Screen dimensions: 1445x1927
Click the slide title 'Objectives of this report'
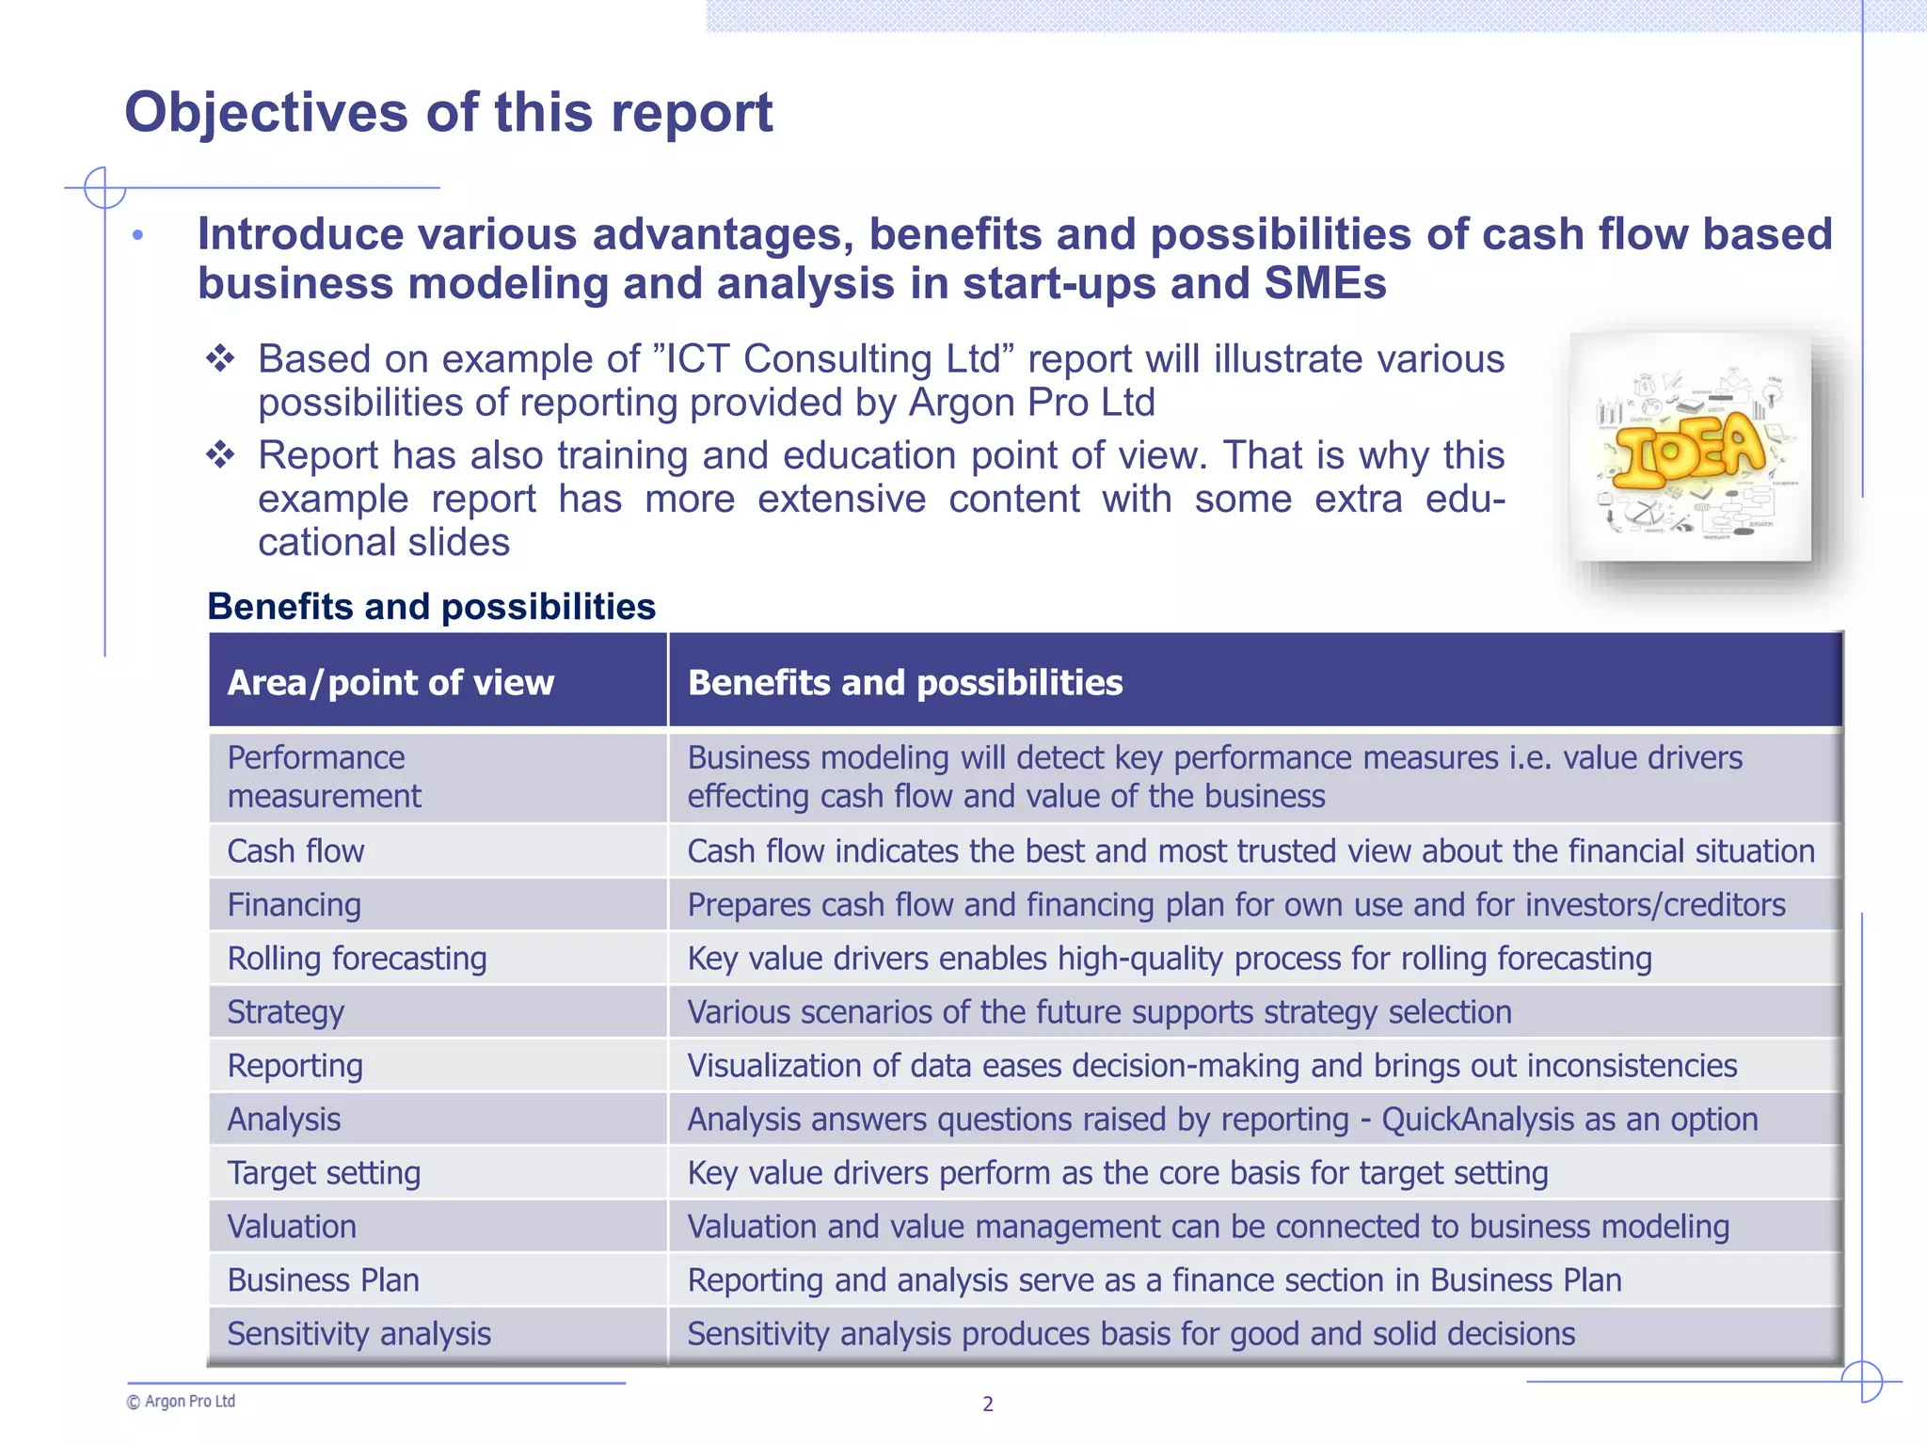pos(448,113)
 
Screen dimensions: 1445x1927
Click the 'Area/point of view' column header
pos(390,683)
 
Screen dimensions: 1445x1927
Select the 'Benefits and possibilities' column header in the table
pos(905,683)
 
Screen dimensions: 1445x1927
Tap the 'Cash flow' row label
pos(295,851)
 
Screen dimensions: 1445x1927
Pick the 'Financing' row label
pos(294,905)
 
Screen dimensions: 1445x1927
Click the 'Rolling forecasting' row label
pos(357,959)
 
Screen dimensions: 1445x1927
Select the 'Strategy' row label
pos(285,1012)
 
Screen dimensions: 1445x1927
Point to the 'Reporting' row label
pos(295,1066)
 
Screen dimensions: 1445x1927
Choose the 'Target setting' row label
pos(324,1173)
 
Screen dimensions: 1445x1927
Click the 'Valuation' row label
pos(292,1227)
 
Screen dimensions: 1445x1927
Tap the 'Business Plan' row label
pos(323,1280)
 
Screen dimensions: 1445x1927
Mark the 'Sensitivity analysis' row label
pos(358,1334)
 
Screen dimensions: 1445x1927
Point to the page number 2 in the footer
pos(988,1405)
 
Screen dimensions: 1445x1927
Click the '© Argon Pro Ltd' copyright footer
pos(181,1402)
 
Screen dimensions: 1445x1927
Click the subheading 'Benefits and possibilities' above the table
pos(431,607)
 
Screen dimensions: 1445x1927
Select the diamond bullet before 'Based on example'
pos(220,358)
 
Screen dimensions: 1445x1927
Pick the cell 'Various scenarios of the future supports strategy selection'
pos(1099,1012)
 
